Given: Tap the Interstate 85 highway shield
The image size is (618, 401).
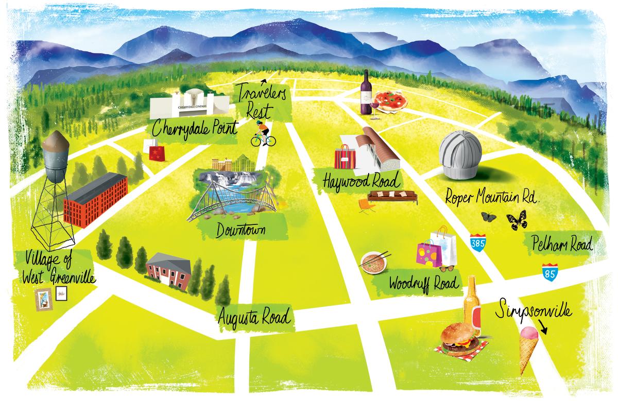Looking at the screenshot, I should click(549, 272).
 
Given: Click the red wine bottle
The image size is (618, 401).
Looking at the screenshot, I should click(367, 94).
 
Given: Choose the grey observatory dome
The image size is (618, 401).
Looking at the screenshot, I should click(460, 149).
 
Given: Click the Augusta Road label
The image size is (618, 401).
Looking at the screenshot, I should click(253, 313).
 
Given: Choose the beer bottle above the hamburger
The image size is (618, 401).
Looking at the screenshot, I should click(472, 305).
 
